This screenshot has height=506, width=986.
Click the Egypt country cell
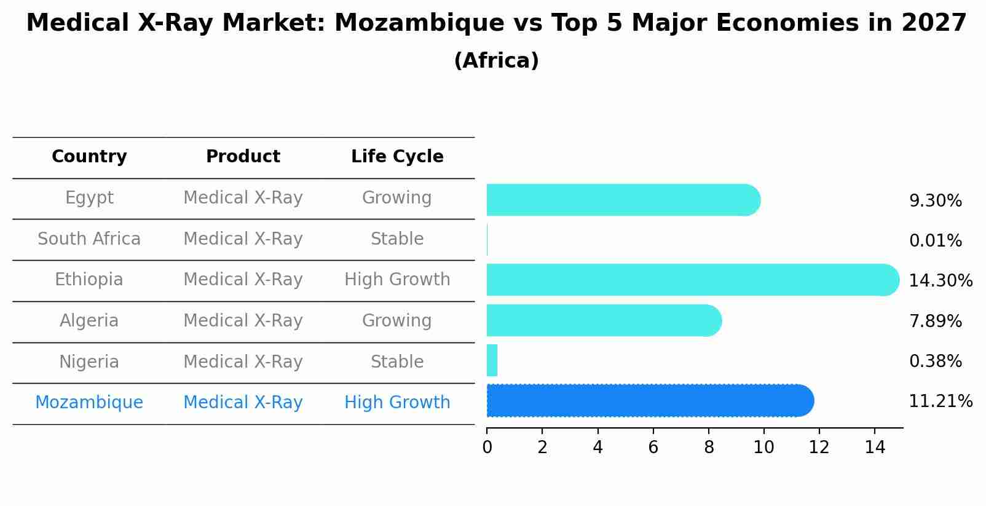(89, 198)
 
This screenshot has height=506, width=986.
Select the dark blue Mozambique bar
(649, 401)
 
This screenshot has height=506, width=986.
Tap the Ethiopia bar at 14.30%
(692, 280)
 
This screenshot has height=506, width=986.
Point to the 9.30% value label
(935, 201)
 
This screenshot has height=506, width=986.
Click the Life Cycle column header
(397, 157)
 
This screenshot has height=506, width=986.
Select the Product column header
(243, 157)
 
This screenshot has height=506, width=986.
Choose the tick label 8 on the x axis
(708, 448)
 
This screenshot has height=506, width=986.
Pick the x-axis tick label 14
(874, 448)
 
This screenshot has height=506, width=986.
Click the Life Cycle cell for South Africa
(397, 239)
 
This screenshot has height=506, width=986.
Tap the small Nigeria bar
(492, 361)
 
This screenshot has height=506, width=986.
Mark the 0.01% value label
(935, 241)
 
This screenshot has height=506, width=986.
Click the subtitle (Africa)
(496, 61)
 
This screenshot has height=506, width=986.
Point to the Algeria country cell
(89, 321)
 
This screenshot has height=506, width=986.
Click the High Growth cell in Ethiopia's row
(397, 280)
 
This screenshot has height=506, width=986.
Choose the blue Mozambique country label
(89, 403)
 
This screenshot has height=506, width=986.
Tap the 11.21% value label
(941, 401)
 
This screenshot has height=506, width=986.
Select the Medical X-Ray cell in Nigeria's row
(243, 362)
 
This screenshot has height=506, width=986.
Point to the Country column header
(89, 157)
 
